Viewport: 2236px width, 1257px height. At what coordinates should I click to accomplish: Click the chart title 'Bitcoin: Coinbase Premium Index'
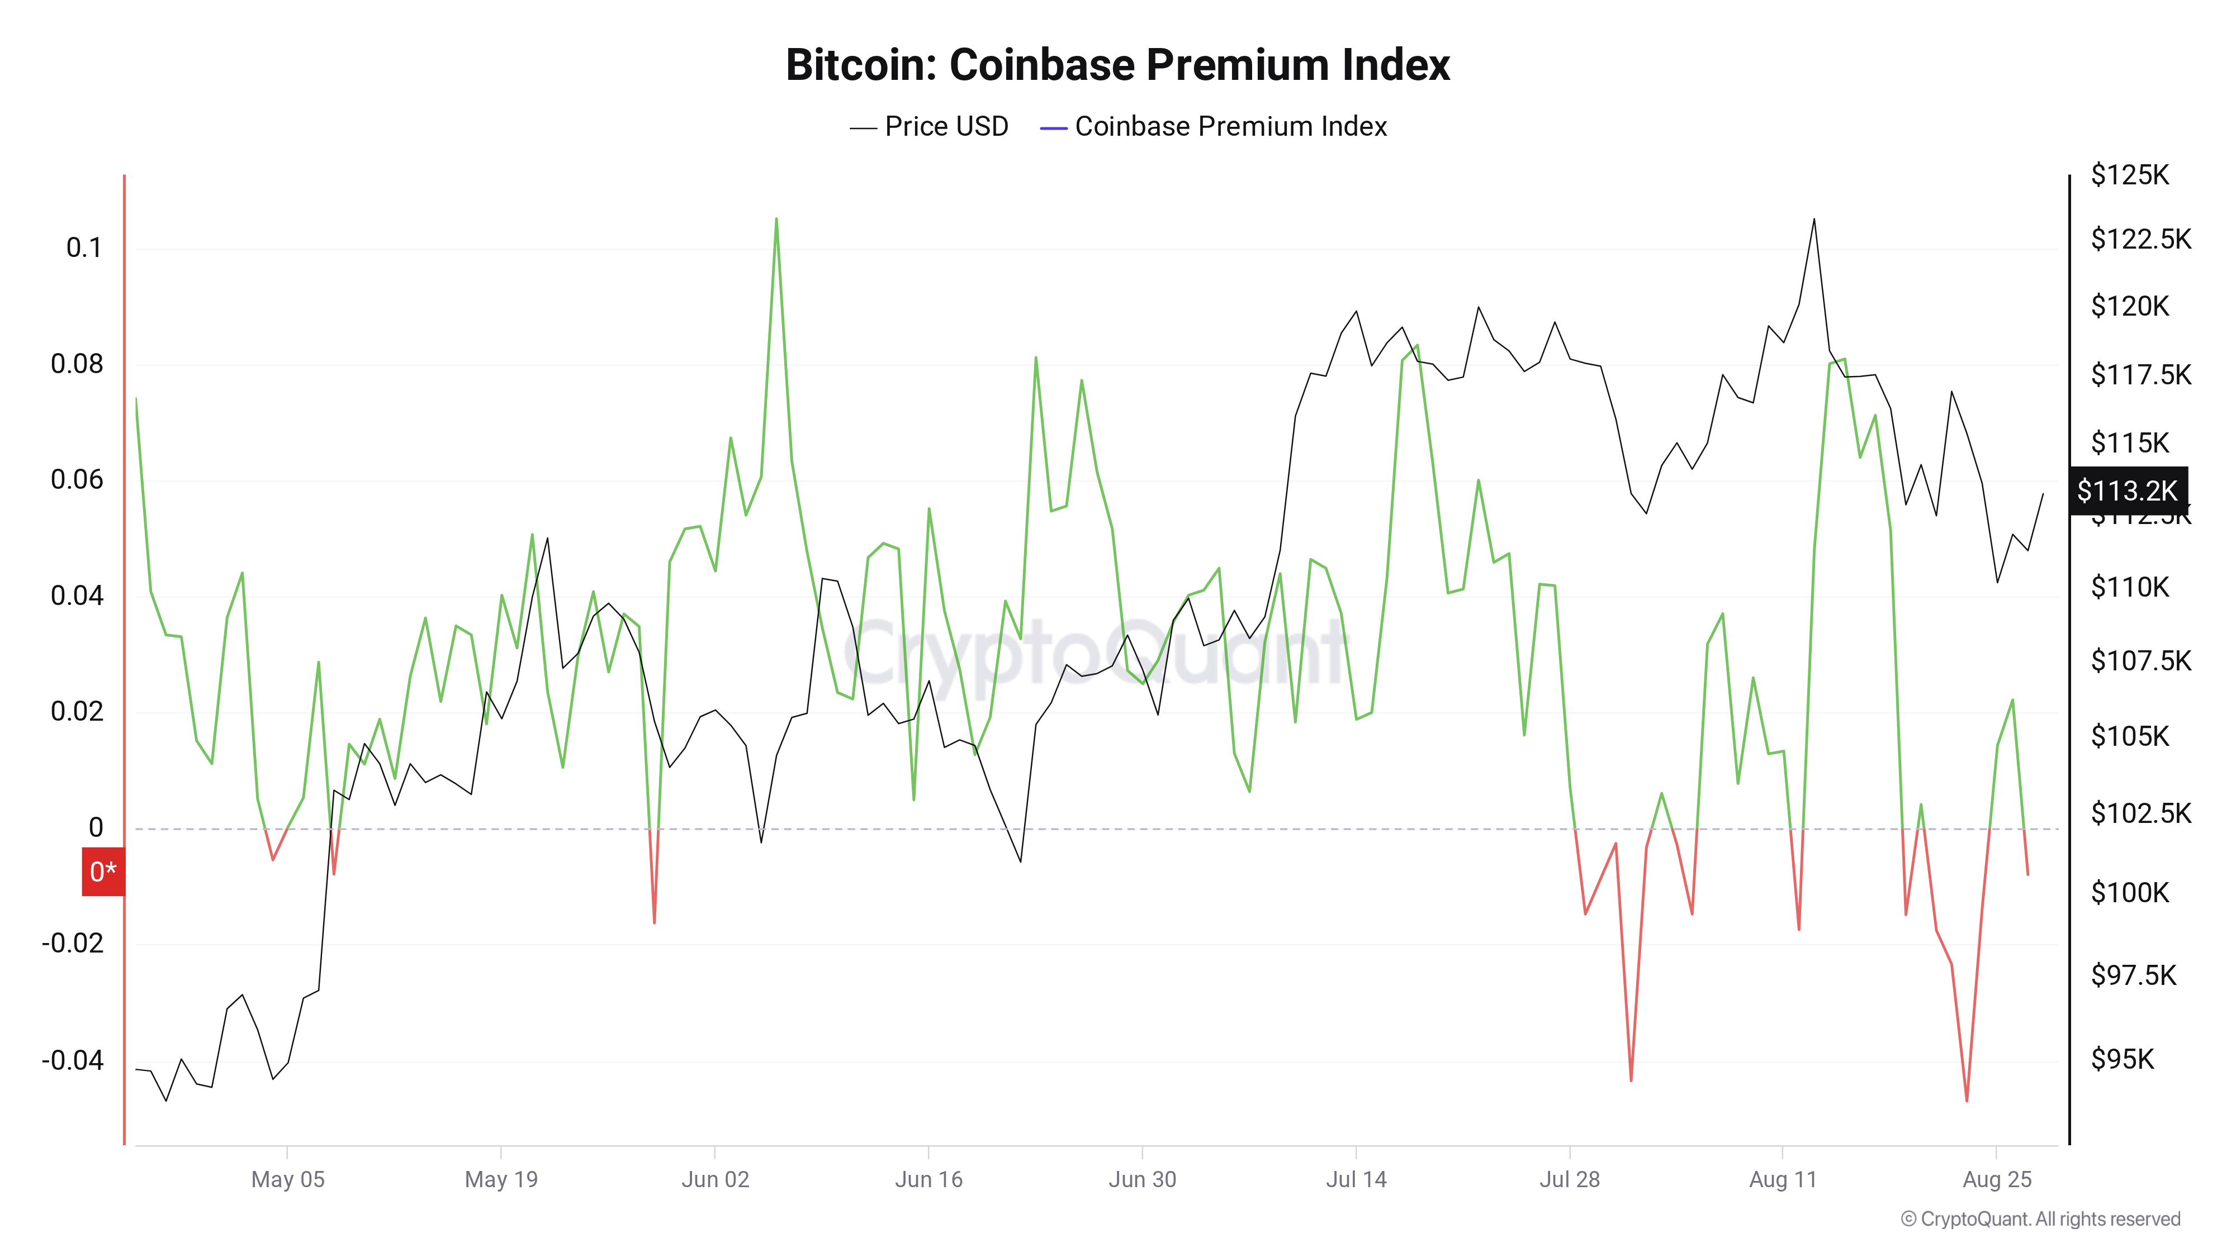pos(1117,65)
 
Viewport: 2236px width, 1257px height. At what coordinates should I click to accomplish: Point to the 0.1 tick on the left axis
pos(84,248)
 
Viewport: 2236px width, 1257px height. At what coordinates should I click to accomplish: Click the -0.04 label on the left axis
pos(73,1060)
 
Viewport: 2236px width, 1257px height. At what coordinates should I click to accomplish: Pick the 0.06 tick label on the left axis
pos(77,480)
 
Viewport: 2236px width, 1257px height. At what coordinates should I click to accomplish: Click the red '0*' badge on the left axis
pos(102,871)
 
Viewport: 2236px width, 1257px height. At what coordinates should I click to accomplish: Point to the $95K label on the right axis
pos(2123,1059)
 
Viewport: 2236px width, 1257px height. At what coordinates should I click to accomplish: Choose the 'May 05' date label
pos(287,1180)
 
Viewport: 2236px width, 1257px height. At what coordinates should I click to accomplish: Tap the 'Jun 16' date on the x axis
pos(928,1180)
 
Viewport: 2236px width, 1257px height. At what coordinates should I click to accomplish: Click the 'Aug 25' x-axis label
pos(1996,1180)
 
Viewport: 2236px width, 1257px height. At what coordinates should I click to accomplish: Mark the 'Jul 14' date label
pos(1356,1180)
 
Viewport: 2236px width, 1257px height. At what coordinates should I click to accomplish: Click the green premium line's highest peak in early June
pos(776,220)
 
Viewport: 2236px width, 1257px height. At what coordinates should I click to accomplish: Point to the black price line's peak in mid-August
pos(1814,220)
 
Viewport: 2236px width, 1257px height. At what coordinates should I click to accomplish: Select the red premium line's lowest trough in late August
pos(1967,1101)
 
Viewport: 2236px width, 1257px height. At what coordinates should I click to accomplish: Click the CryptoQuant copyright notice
pos(2040,1220)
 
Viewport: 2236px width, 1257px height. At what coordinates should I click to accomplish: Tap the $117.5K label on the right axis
pos(2140,375)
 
